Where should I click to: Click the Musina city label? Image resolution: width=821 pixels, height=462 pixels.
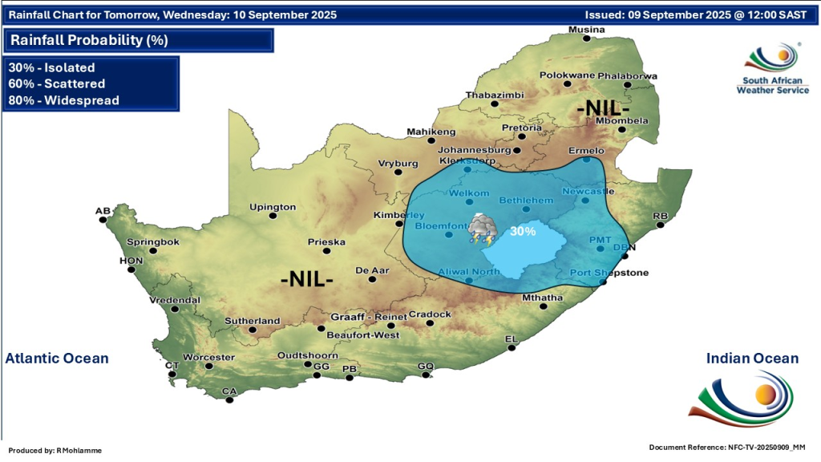pos(586,30)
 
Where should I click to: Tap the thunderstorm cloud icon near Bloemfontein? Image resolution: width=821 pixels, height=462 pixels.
pos(482,229)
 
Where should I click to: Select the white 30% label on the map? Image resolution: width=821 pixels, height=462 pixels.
pos(524,231)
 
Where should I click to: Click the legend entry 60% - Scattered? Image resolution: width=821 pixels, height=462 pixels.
pos(57,83)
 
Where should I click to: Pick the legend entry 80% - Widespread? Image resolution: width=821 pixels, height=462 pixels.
pos(63,100)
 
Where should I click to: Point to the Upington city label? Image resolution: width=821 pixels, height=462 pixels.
pos(273,207)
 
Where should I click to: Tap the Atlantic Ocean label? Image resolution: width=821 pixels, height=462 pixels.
pos(57,359)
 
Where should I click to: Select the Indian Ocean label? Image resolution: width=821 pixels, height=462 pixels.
pos(752,359)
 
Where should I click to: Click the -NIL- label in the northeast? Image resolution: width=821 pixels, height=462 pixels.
pos(604,107)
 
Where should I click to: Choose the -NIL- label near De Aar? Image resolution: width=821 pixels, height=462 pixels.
pos(307,280)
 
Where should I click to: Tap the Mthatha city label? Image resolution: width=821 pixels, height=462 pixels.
pos(542,298)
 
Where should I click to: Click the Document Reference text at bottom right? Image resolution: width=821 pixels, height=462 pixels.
pos(726,447)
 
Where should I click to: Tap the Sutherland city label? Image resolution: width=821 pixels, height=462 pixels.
pos(253,321)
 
